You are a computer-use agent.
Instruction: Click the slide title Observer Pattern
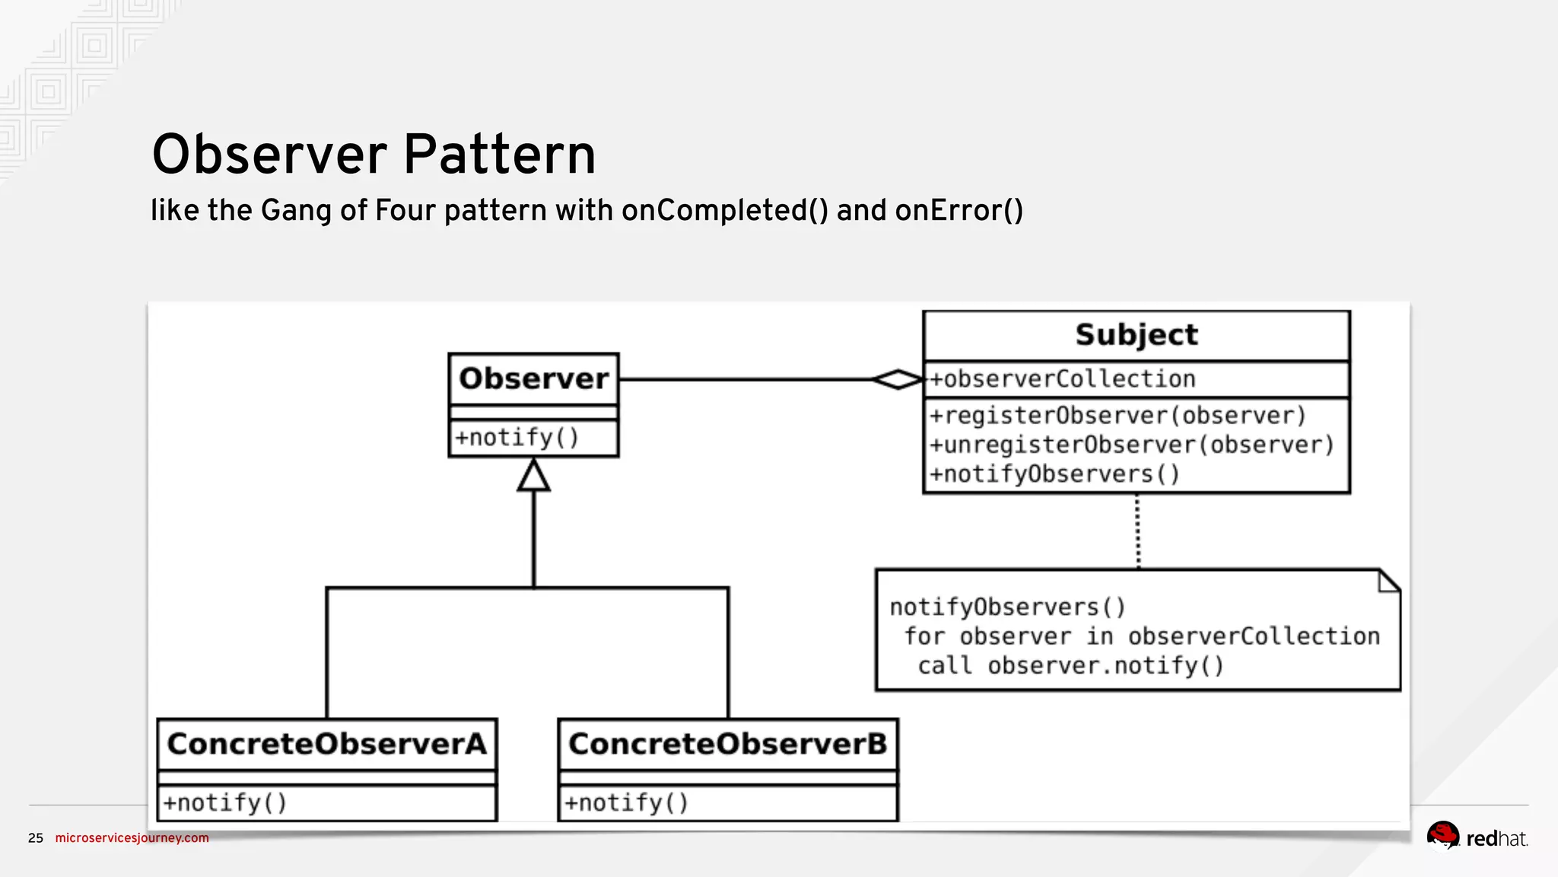pyautogui.click(x=374, y=155)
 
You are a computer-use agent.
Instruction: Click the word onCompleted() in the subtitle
pyautogui.click(x=724, y=211)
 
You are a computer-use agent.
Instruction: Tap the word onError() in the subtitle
pyautogui.click(x=959, y=211)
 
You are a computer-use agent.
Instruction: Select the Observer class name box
pyautogui.click(x=533, y=378)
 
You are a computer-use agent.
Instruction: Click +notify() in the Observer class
pyautogui.click(x=517, y=438)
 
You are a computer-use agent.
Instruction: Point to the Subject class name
pyautogui.click(x=1137, y=335)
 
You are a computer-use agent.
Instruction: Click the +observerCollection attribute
pyautogui.click(x=1063, y=379)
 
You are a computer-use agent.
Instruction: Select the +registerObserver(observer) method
pyautogui.click(x=1118, y=416)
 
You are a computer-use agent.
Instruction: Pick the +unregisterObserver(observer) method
pyautogui.click(x=1132, y=445)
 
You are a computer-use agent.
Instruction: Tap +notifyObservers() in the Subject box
pyautogui.click(x=1054, y=474)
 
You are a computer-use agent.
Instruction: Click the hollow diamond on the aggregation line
pyautogui.click(x=898, y=379)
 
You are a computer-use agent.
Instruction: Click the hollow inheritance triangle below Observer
pyautogui.click(x=533, y=477)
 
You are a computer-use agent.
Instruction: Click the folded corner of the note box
pyautogui.click(x=1389, y=582)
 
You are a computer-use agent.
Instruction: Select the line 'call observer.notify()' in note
pyautogui.click(x=1070, y=666)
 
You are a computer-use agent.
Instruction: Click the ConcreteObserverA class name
pyautogui.click(x=326, y=744)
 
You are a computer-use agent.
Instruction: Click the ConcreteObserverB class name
pyautogui.click(x=728, y=744)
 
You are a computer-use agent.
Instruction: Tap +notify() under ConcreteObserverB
pyautogui.click(x=626, y=803)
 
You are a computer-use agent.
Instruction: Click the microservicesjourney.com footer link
pyautogui.click(x=132, y=838)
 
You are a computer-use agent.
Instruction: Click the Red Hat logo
pyautogui.click(x=1477, y=837)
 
